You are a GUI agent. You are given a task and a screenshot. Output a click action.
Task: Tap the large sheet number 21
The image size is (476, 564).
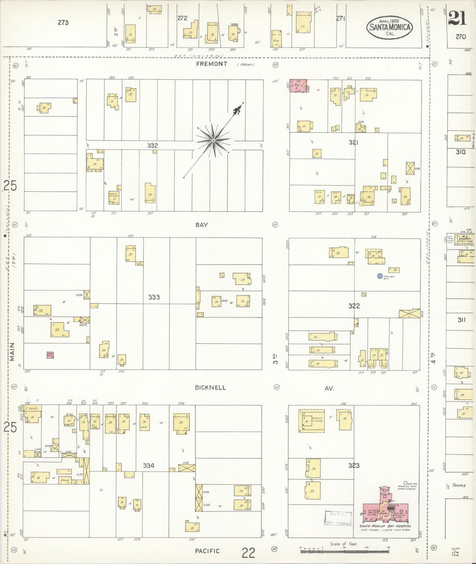click(x=457, y=18)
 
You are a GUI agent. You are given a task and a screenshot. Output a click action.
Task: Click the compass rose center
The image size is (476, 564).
click(x=213, y=141)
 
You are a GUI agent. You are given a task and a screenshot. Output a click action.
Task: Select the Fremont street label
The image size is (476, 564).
click(x=211, y=64)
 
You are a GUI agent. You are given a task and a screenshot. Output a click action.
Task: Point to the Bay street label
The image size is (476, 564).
click(x=202, y=225)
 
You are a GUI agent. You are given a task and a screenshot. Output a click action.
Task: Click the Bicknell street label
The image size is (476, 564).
click(x=211, y=387)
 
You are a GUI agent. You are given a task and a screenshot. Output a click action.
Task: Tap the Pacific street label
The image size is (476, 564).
click(x=207, y=551)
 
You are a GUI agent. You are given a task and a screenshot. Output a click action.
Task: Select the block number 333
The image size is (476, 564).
click(x=154, y=297)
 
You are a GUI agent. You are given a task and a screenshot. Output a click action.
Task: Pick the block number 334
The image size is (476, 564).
click(x=149, y=465)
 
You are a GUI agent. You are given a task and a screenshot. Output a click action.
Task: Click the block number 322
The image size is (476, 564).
click(x=354, y=306)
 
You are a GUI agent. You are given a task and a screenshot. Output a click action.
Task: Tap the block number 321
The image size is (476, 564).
click(x=353, y=142)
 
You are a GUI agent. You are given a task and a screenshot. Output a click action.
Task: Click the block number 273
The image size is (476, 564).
click(x=63, y=22)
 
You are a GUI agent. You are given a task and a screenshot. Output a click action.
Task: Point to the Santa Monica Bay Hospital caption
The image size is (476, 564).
click(x=385, y=526)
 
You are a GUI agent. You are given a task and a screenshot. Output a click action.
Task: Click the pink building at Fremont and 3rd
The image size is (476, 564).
click(x=298, y=86)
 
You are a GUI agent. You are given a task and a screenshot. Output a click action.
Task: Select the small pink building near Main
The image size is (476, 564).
click(x=50, y=355)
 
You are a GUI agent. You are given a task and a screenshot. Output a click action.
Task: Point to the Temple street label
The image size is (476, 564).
click(x=459, y=485)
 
